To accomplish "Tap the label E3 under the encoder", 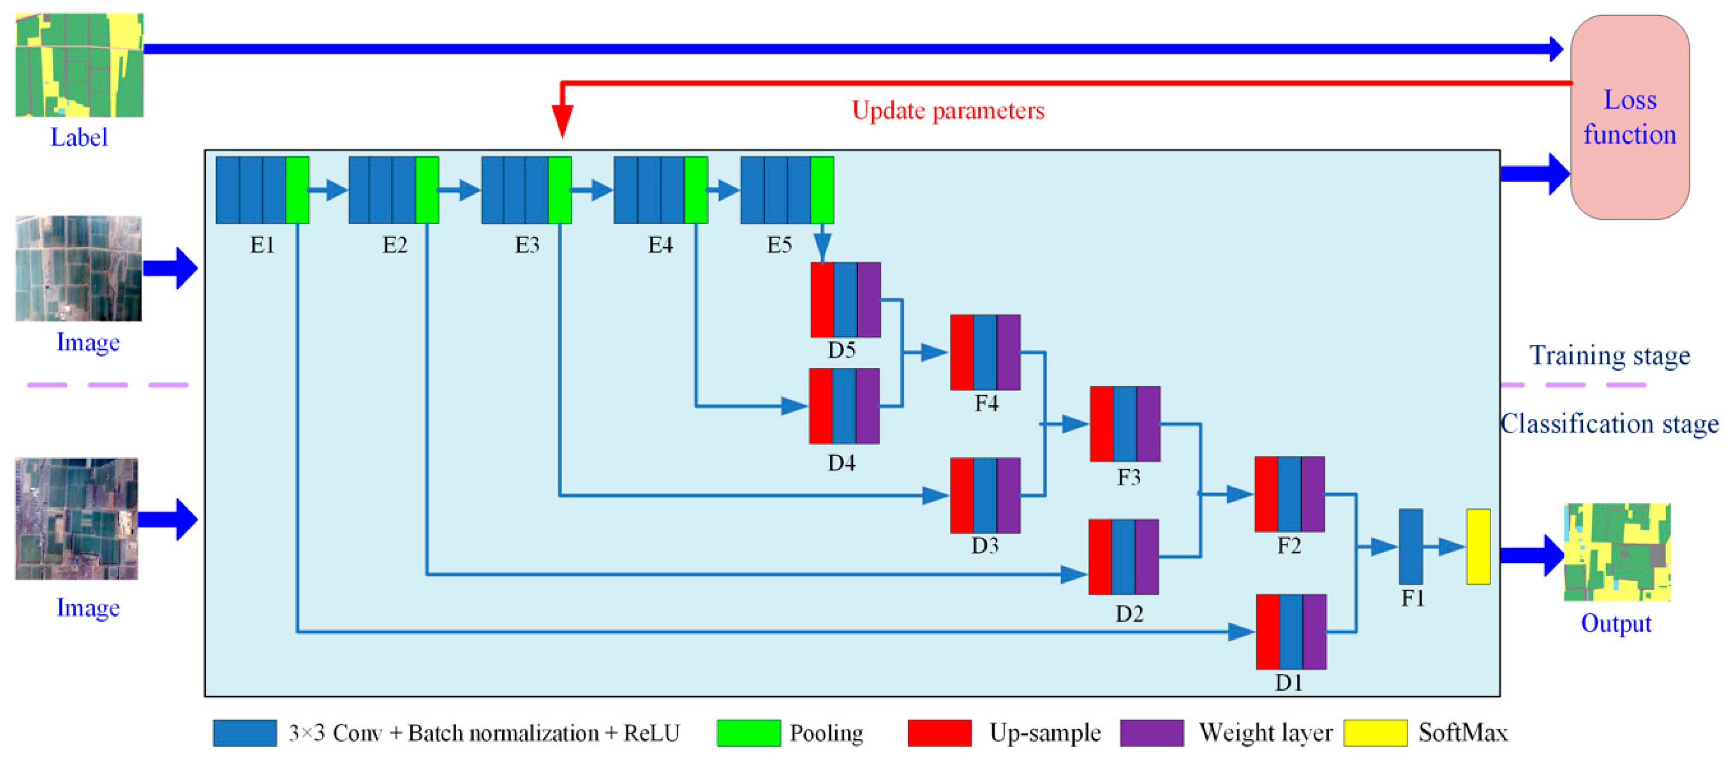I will [x=527, y=245].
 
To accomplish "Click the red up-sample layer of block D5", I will [x=822, y=300].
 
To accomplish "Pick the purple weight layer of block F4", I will [x=1008, y=352].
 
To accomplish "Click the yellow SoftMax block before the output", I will [x=1478, y=546].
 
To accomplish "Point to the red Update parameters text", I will [x=947, y=110].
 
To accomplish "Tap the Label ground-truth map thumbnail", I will [x=79, y=65].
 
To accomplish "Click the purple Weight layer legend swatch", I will [x=1151, y=732].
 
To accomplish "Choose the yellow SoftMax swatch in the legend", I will [x=1375, y=732].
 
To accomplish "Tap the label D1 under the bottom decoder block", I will [x=1288, y=682].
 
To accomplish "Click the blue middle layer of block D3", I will [x=984, y=495].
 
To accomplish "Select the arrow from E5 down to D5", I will [x=822, y=245].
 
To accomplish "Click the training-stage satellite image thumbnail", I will [x=79, y=268].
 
